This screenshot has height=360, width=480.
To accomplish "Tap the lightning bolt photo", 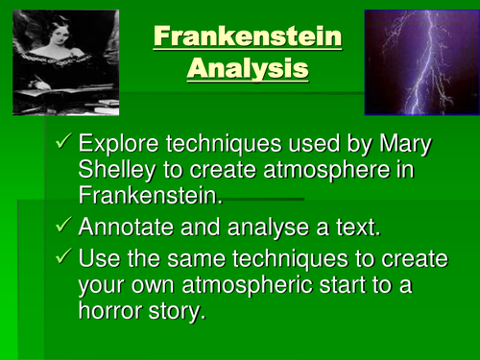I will point(420,61).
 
